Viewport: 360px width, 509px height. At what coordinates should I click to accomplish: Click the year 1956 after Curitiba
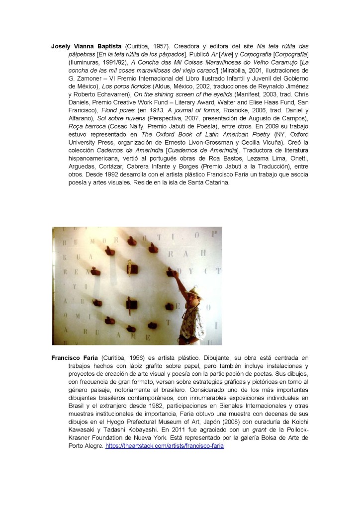[x=138, y=357]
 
